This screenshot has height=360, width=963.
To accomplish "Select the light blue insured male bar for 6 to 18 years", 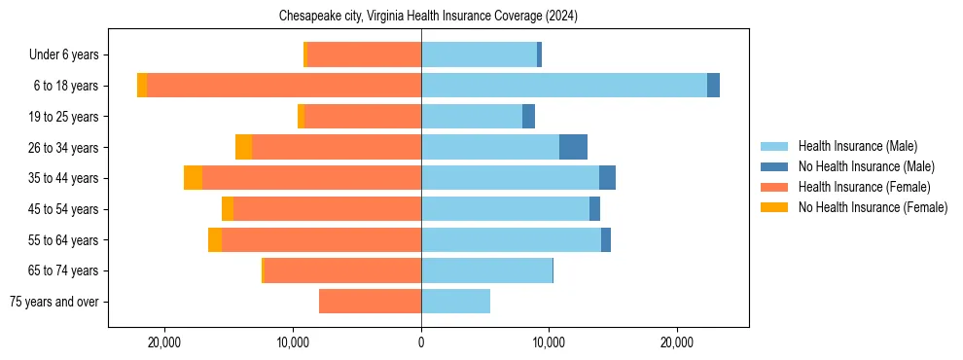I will click(564, 86).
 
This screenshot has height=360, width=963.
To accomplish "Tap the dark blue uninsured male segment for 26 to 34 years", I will click(573, 147).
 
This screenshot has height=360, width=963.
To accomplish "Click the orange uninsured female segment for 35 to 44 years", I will click(193, 178).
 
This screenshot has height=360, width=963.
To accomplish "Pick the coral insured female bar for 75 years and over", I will click(370, 302).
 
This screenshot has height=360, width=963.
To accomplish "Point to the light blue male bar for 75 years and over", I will click(455, 302).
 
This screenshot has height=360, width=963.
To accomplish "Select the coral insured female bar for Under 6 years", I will click(364, 54).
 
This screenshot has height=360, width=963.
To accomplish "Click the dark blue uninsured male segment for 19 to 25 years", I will click(528, 117).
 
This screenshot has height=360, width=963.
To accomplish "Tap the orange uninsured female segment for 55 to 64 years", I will click(215, 240).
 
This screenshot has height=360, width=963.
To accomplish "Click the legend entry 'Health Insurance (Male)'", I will click(857, 146).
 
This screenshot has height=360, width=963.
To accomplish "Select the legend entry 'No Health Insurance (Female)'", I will click(873, 207).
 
